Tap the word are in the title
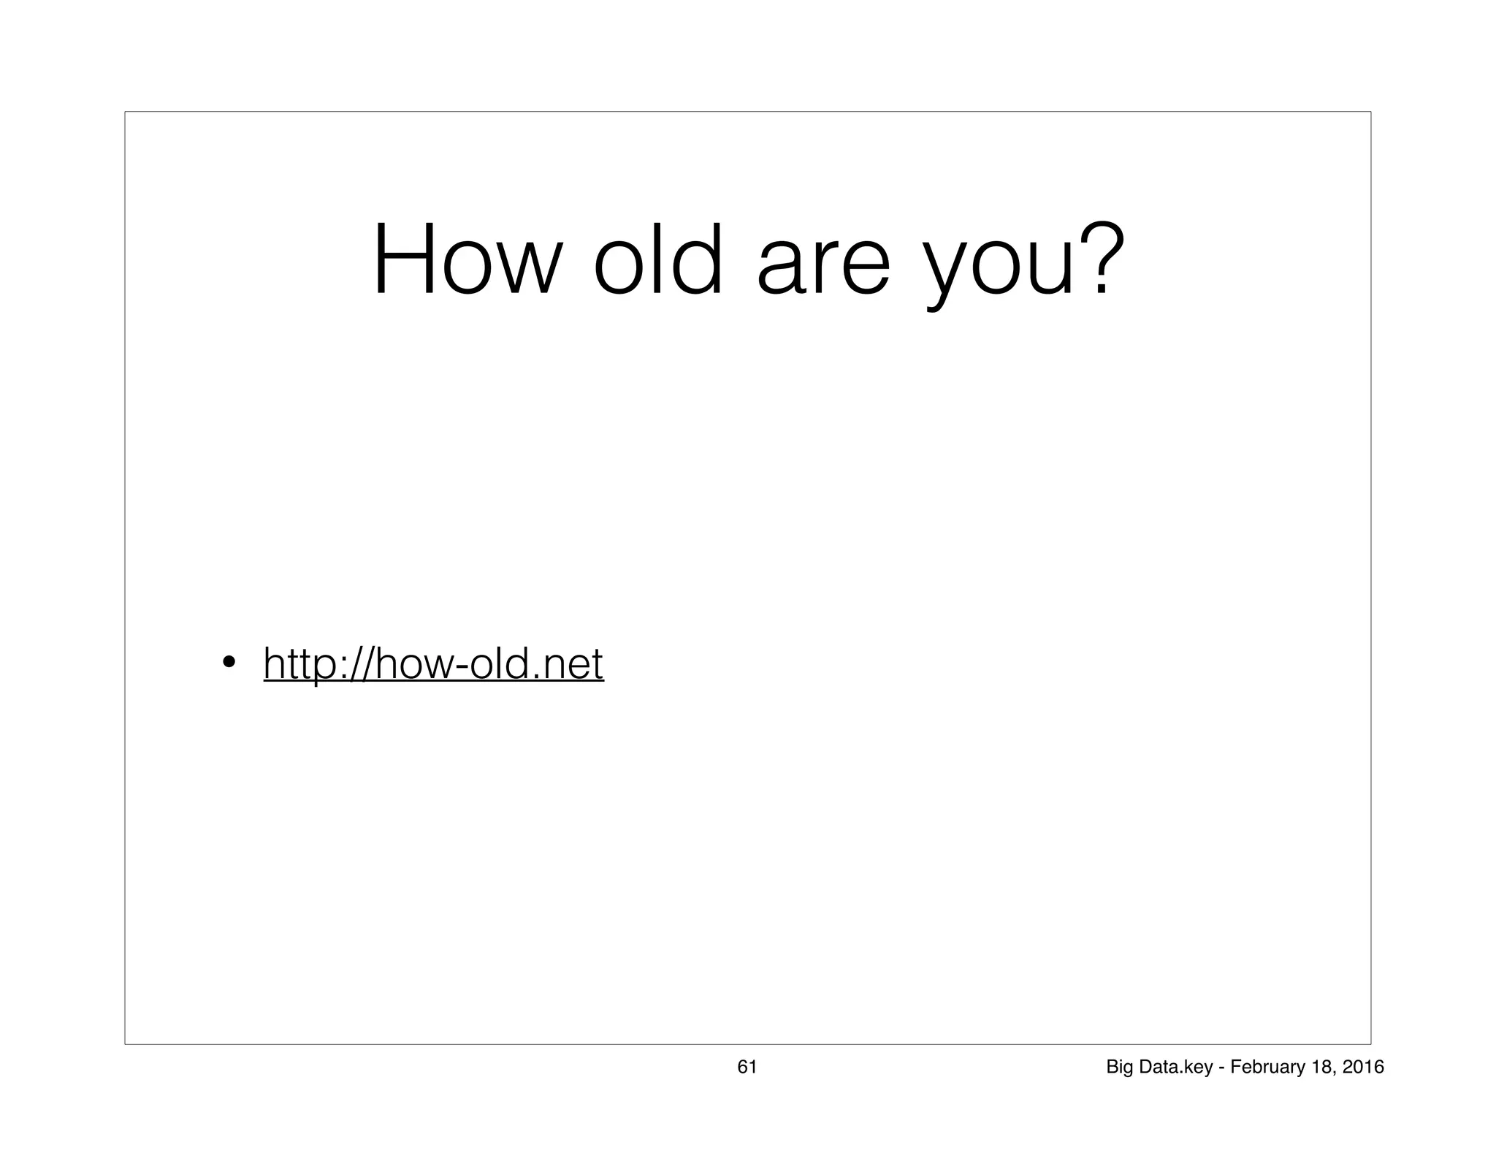(x=823, y=267)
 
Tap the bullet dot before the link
(x=229, y=663)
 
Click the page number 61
(x=747, y=1067)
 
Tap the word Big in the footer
(x=1120, y=1068)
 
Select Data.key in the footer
(x=1177, y=1068)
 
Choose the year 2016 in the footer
(x=1363, y=1067)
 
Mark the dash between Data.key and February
(x=1221, y=1068)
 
